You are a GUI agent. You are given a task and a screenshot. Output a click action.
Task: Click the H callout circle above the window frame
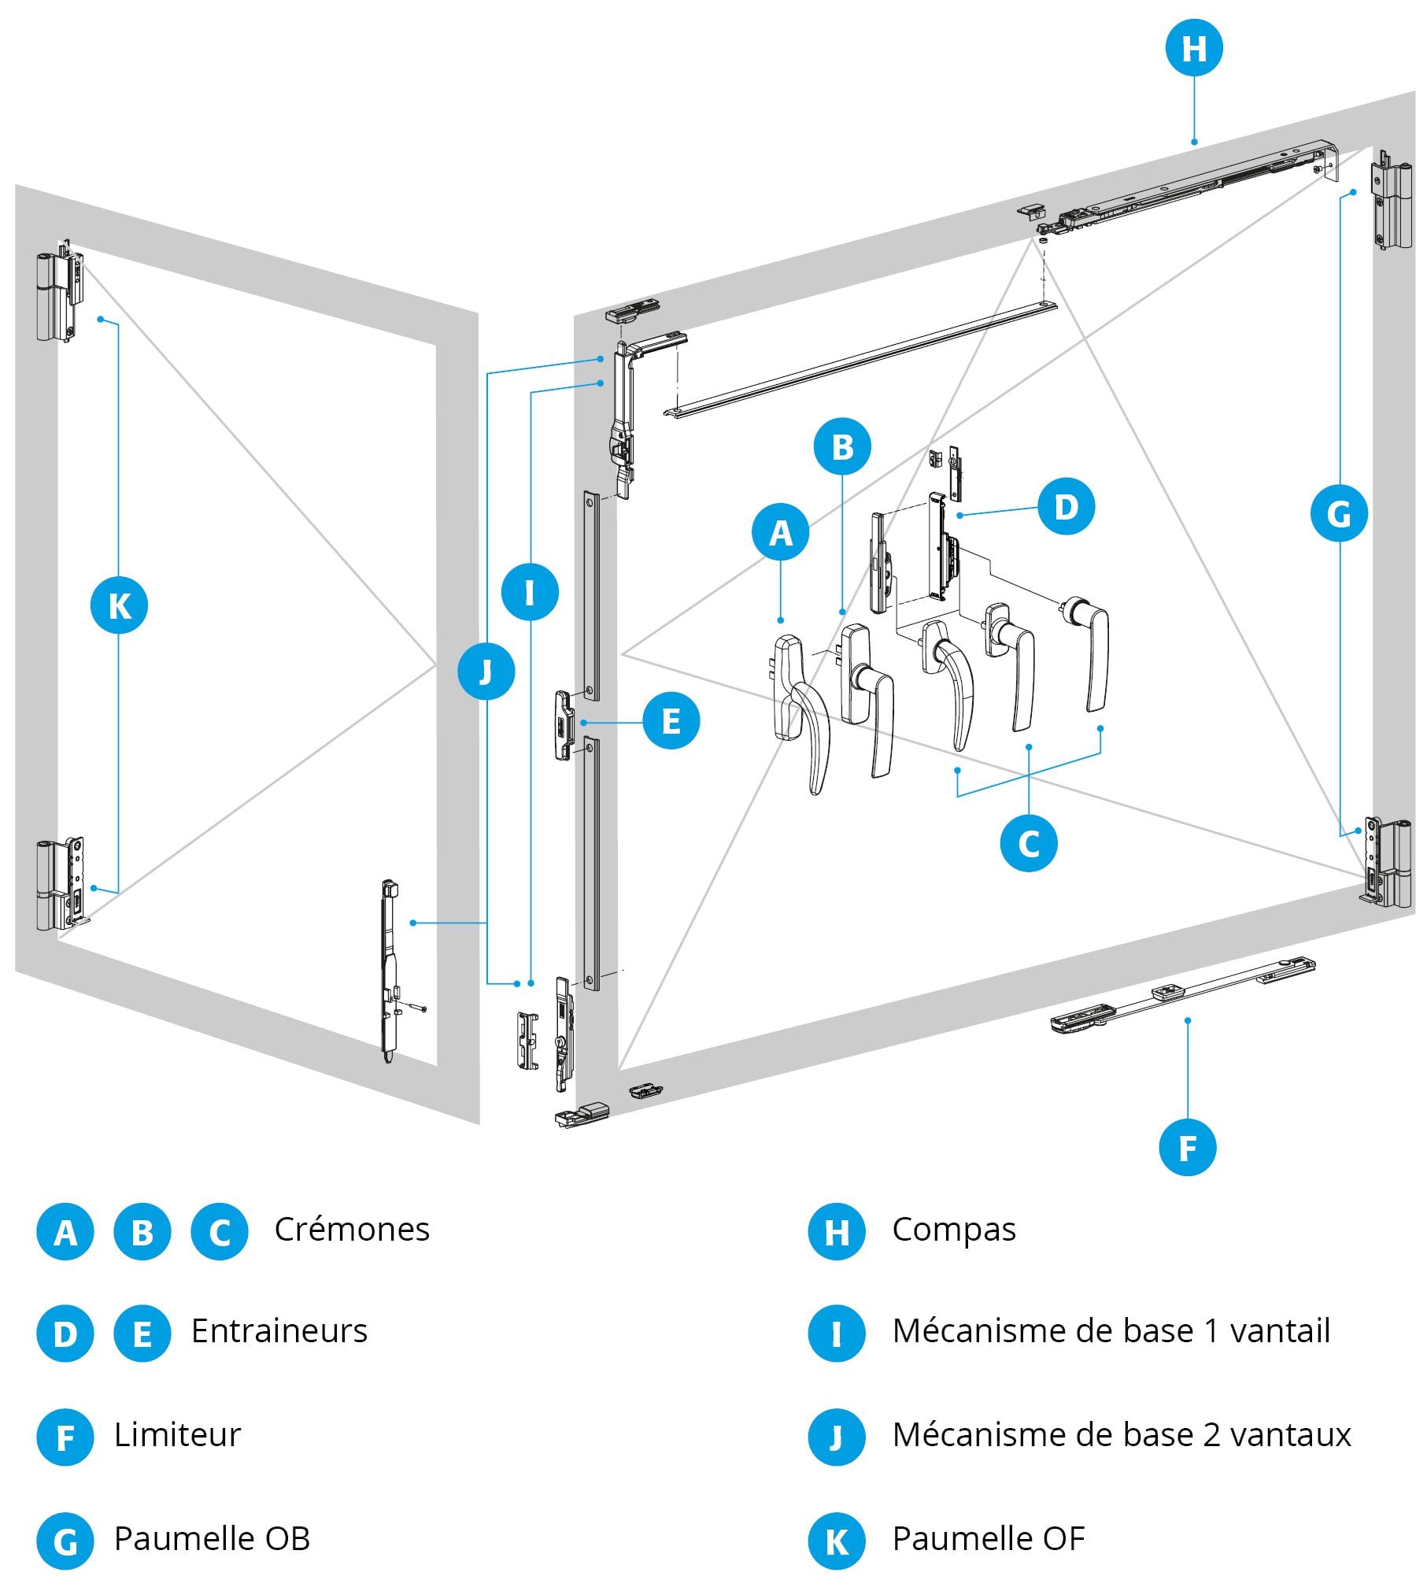point(1194,48)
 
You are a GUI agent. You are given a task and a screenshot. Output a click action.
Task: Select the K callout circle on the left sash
point(120,605)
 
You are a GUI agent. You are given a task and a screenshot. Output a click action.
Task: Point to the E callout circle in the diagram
point(671,720)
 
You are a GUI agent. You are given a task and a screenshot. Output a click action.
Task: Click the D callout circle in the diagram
point(1066,506)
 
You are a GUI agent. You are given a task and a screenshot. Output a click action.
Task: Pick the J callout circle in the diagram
point(486,672)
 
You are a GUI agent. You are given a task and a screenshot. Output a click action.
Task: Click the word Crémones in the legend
point(352,1230)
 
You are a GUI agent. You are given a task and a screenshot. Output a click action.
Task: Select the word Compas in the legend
point(953,1230)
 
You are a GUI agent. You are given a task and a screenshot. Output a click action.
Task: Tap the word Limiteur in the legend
point(177,1434)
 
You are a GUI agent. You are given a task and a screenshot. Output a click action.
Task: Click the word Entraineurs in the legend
point(279,1331)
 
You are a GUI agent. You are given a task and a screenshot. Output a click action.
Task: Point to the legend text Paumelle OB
point(212,1537)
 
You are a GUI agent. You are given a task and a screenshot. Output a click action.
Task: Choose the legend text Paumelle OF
point(988,1537)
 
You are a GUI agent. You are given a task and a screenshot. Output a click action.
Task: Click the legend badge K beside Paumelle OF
point(837,1541)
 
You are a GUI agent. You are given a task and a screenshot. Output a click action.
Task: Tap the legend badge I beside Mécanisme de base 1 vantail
point(837,1334)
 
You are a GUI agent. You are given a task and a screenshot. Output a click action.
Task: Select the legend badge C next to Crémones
point(220,1232)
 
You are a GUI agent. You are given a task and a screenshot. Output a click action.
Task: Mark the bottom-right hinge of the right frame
point(1387,863)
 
